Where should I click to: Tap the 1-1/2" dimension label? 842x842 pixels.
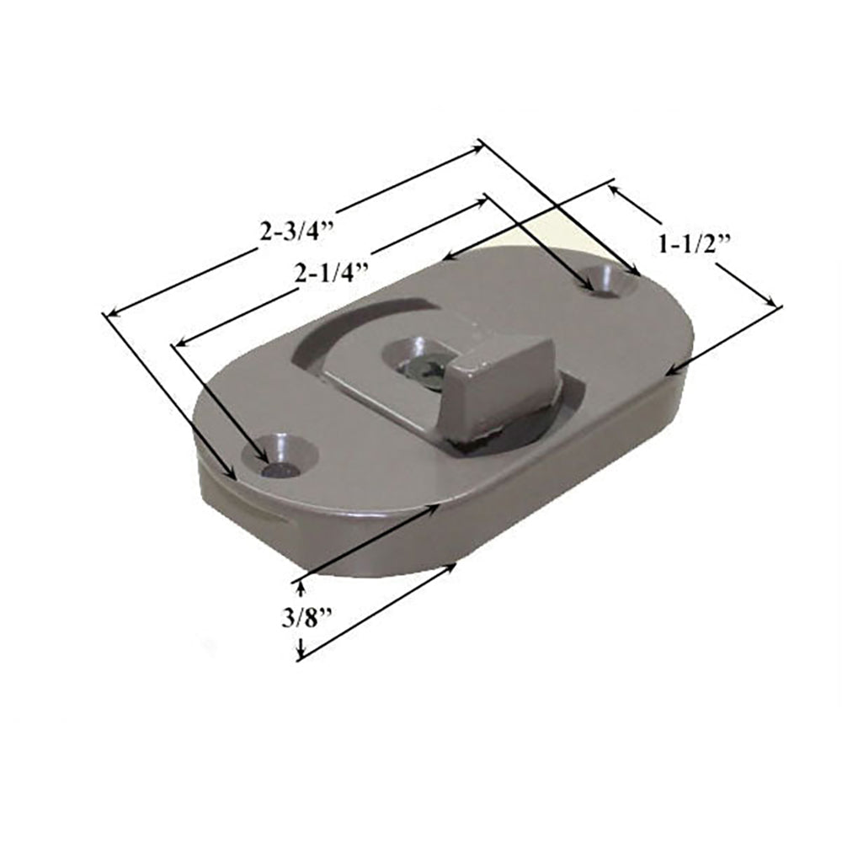(x=692, y=244)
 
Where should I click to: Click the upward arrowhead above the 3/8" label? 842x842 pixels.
(x=301, y=584)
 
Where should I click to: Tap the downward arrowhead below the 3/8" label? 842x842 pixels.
(x=301, y=653)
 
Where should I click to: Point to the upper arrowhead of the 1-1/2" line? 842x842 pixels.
(x=612, y=189)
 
